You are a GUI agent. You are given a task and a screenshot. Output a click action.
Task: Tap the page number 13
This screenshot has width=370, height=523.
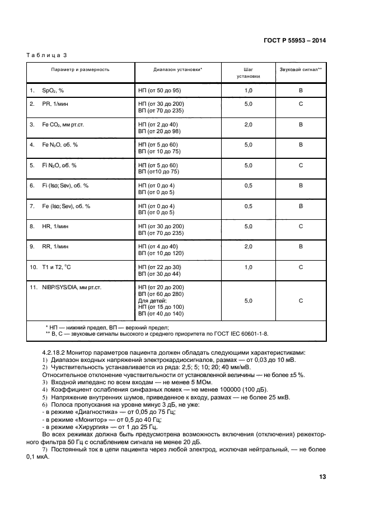click(x=322, y=477)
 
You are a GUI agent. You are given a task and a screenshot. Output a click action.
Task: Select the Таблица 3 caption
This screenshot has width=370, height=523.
click(x=46, y=55)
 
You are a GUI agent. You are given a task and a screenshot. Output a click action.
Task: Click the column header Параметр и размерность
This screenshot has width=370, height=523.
click(x=80, y=69)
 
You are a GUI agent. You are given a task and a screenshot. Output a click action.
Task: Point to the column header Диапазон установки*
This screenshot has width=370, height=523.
click(x=177, y=69)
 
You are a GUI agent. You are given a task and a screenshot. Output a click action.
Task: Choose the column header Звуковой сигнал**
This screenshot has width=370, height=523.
click(x=301, y=69)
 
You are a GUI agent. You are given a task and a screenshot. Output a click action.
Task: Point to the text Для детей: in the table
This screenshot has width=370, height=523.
click(x=153, y=300)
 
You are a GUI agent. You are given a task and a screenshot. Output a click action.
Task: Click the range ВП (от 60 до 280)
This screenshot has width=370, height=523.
click(x=161, y=294)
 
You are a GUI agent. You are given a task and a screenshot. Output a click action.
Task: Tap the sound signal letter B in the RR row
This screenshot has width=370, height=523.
click(x=301, y=247)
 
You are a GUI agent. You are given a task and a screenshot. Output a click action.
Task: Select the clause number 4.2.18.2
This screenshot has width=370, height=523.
click(x=55, y=352)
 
